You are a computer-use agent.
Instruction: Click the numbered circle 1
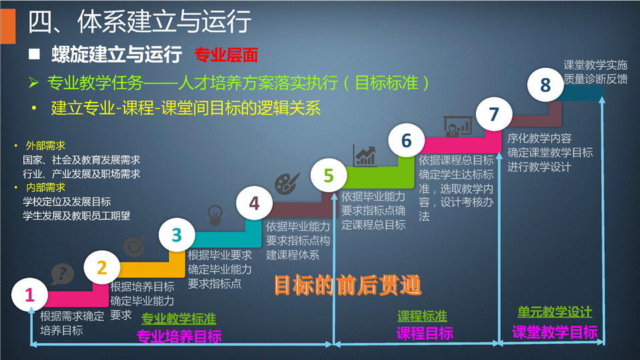[x=30, y=294]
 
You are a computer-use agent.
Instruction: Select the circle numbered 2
[x=101, y=268]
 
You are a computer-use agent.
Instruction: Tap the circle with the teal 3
[x=177, y=235]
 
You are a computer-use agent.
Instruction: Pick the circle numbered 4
[x=254, y=203]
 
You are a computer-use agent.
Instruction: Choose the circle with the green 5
[x=329, y=175]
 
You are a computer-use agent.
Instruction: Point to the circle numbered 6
[x=406, y=141]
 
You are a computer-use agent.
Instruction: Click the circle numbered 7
[x=494, y=114]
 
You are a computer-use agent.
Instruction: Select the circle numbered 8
[x=545, y=85]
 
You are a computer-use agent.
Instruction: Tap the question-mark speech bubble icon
[x=62, y=274]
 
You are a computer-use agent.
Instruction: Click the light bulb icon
[x=215, y=215]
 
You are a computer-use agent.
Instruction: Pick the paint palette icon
[x=287, y=183]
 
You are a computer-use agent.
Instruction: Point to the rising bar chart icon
[x=365, y=155]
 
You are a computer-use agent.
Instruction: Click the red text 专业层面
[x=226, y=55]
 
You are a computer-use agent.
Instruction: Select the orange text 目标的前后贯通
[x=347, y=285]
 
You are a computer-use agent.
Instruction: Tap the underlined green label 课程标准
[x=422, y=316]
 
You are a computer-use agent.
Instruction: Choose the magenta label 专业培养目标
[x=179, y=336]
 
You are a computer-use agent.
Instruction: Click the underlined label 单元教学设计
[x=555, y=312]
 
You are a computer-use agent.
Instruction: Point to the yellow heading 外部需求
[x=45, y=146]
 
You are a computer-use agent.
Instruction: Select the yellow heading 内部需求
[x=45, y=188]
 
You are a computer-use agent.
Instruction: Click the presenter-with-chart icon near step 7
[x=458, y=126]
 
